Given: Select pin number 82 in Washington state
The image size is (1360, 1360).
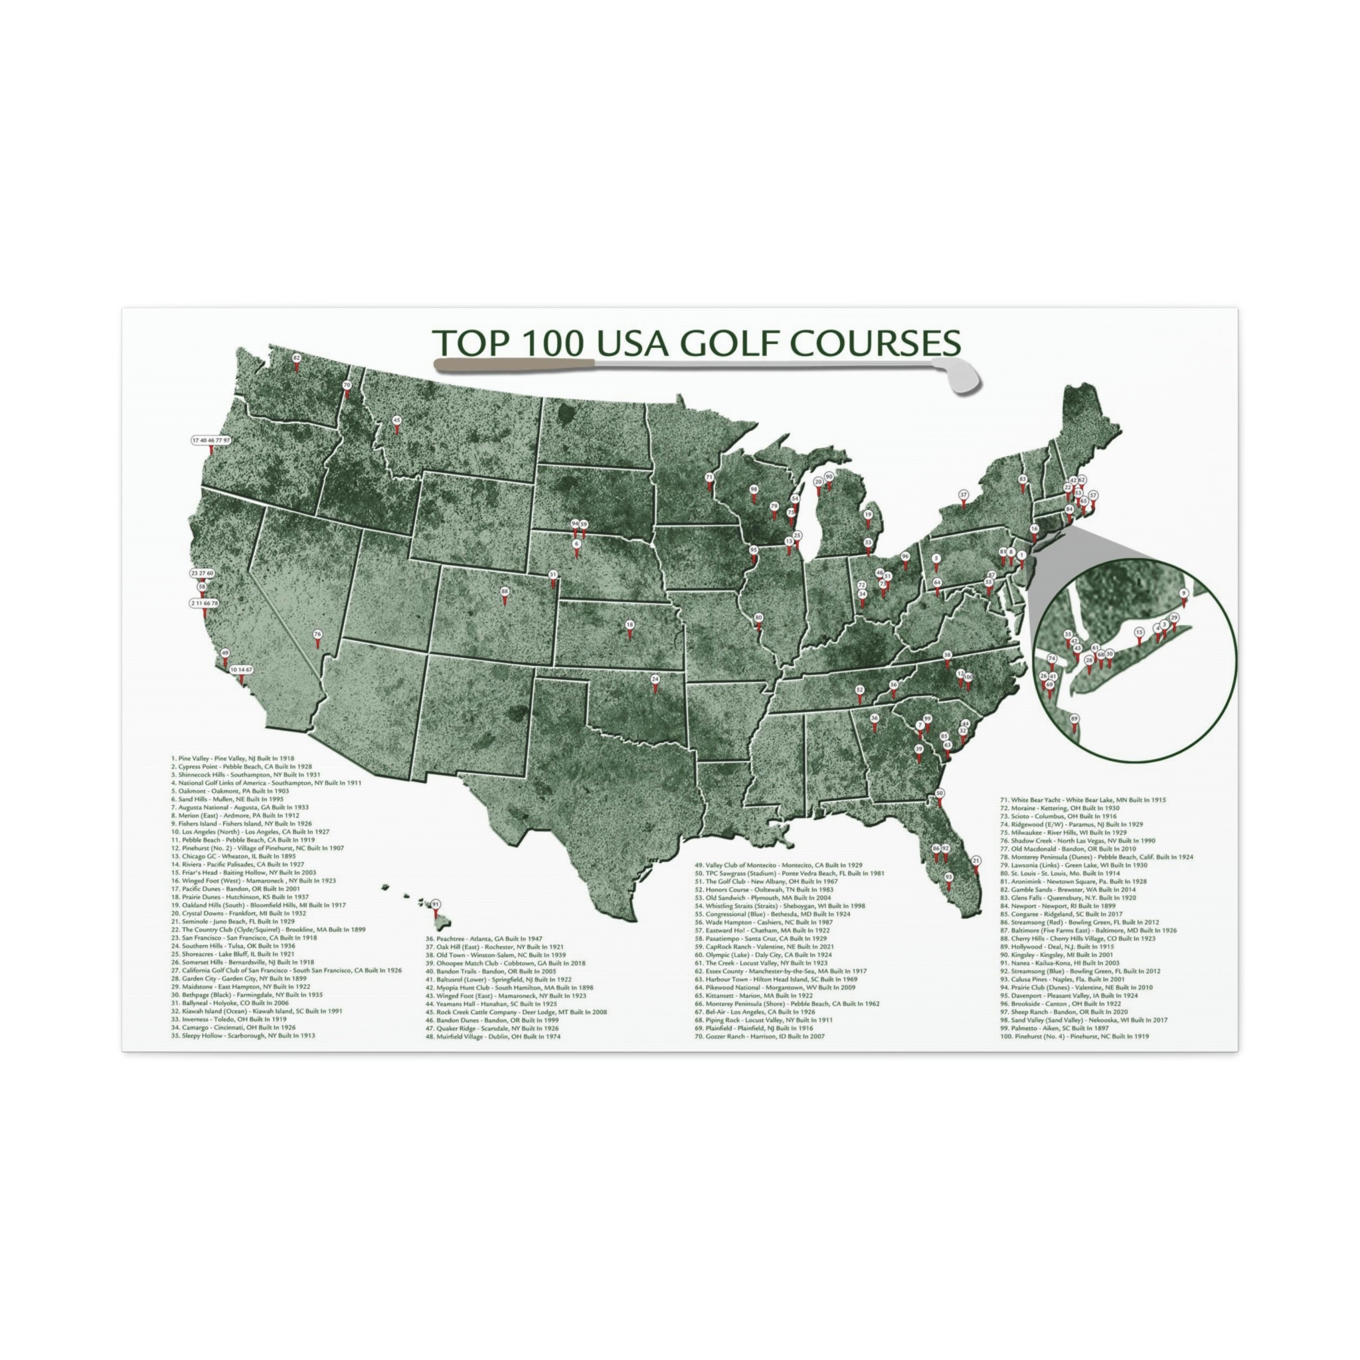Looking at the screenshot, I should tap(296, 359).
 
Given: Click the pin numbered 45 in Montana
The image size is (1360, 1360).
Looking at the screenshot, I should tap(396, 421).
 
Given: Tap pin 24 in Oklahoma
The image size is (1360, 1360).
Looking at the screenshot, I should tap(655, 680).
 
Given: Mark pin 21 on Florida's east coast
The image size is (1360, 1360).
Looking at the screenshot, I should tap(976, 861).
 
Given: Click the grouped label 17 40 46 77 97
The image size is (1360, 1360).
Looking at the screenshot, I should tap(211, 441).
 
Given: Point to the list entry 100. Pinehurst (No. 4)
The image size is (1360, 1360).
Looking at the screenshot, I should tap(1074, 1037).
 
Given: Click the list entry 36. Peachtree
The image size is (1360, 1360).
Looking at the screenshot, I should tap(483, 939).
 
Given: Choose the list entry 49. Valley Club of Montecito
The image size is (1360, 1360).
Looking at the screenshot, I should tap(778, 865).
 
